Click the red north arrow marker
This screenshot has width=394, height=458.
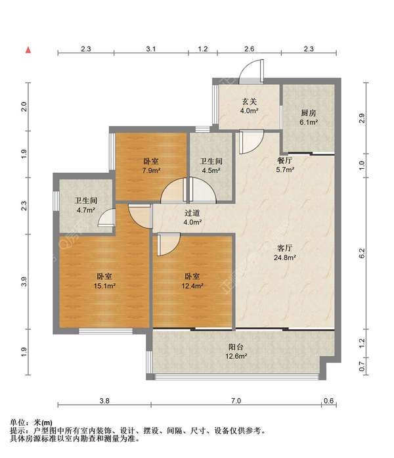[28, 50]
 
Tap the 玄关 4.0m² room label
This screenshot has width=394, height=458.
[249, 106]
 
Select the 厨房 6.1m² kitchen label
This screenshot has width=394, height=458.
[309, 118]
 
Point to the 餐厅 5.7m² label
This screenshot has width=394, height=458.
[285, 165]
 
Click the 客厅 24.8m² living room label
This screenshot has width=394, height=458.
[285, 253]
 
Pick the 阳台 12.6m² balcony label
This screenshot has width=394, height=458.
[236, 352]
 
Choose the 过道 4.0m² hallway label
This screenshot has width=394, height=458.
[192, 218]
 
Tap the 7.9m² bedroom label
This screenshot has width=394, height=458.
[151, 166]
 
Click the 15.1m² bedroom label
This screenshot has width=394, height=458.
[104, 281]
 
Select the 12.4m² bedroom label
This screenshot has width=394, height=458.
[192, 281]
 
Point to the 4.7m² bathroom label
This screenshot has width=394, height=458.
[85, 205]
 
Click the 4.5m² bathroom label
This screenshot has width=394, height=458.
[211, 166]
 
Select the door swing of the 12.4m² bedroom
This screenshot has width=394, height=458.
[169, 244]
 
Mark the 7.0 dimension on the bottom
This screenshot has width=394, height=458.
[236, 401]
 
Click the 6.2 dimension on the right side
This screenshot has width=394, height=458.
[362, 253]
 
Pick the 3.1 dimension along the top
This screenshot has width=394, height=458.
[151, 49]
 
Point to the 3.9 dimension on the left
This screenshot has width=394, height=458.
[24, 281]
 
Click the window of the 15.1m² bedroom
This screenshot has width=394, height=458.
[105, 331]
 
